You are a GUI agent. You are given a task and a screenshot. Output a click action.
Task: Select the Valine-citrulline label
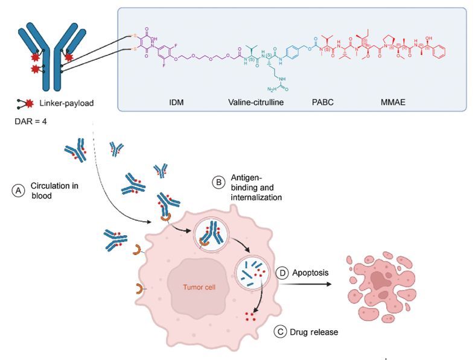[256, 103]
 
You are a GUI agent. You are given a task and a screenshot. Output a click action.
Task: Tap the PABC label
[322, 103]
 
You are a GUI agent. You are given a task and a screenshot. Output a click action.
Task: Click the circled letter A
[19, 190]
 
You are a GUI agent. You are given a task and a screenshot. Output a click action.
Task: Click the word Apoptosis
[311, 272]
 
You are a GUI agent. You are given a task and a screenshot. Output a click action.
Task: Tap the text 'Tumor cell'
[199, 286]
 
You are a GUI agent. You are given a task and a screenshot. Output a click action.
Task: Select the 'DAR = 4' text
[30, 122]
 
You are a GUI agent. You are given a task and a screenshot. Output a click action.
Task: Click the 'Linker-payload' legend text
[68, 103]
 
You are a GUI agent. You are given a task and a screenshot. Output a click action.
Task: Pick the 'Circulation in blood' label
[55, 190]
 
